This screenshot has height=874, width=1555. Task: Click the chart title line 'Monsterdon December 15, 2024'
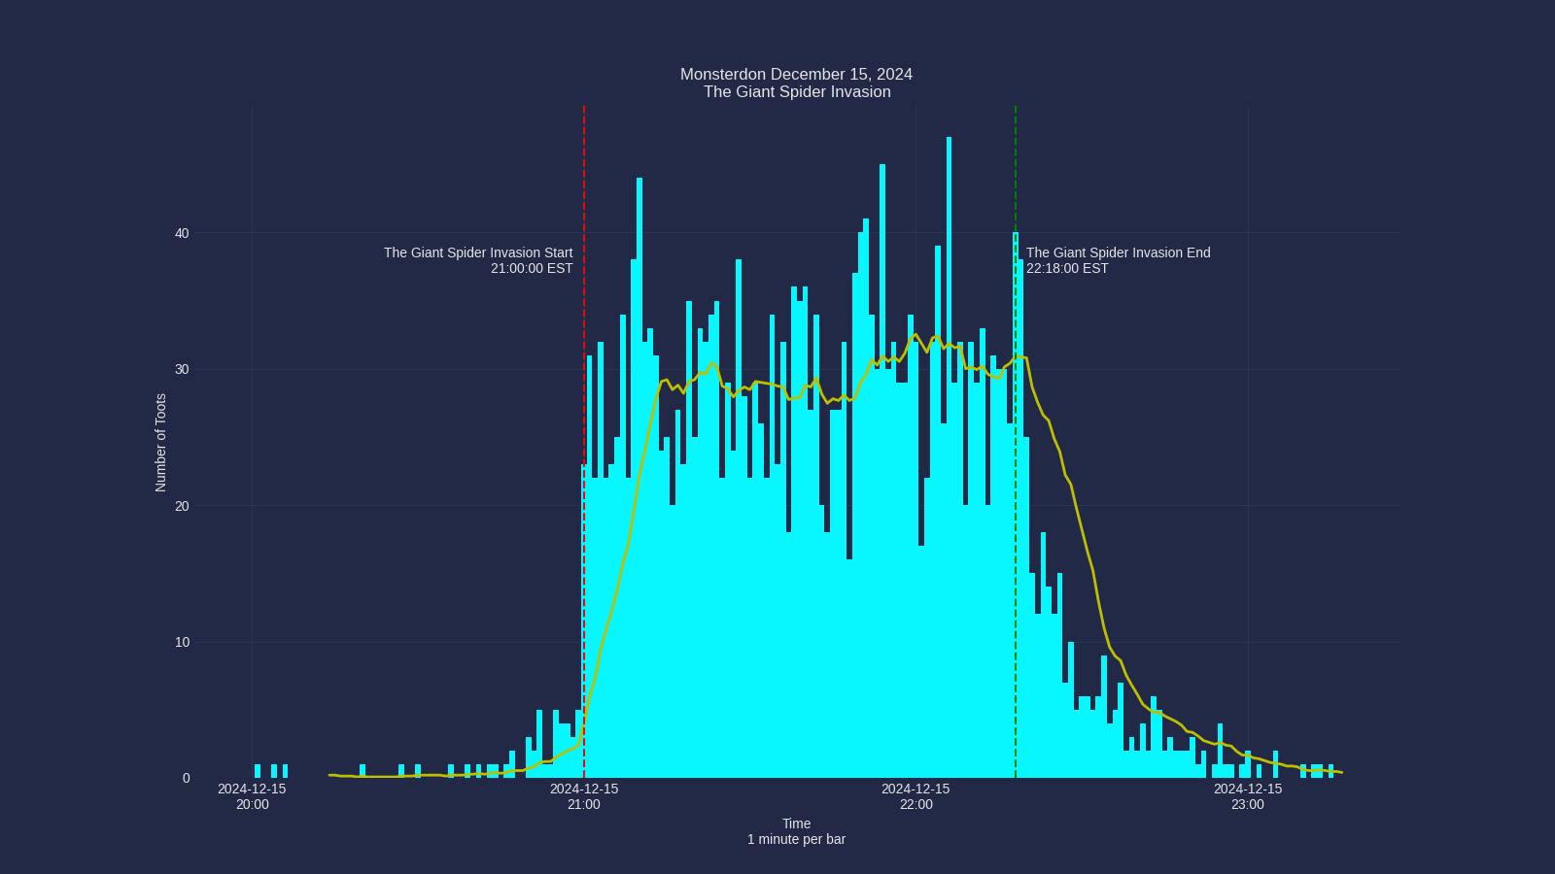pyautogui.click(x=796, y=75)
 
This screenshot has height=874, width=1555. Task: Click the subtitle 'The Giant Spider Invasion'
pyautogui.click(x=797, y=92)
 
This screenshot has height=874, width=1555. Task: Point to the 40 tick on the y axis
pyautogui.click(x=182, y=233)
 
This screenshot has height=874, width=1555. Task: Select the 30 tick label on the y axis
pyautogui.click(x=182, y=370)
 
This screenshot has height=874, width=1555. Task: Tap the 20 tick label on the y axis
pyautogui.click(x=182, y=506)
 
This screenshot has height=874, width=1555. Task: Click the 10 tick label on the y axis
pyautogui.click(x=182, y=642)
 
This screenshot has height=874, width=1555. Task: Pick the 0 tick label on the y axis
pyautogui.click(x=186, y=778)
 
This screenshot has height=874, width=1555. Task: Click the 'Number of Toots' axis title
pyautogui.click(x=161, y=443)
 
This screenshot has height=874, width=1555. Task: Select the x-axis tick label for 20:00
pyautogui.click(x=252, y=796)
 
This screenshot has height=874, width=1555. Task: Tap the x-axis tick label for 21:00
pyautogui.click(x=584, y=796)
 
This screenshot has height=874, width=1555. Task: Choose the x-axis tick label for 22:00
pyautogui.click(x=916, y=796)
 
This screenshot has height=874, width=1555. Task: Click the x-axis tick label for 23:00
pyautogui.click(x=1248, y=796)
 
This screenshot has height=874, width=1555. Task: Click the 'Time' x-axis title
pyautogui.click(x=796, y=824)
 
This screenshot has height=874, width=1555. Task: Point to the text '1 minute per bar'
pyautogui.click(x=796, y=839)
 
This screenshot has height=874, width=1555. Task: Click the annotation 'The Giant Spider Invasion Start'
pyautogui.click(x=478, y=252)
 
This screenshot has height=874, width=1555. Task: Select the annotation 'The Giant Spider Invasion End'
pyautogui.click(x=1118, y=252)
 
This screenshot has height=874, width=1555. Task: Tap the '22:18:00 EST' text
pyautogui.click(x=1067, y=268)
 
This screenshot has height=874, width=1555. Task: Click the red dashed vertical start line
pyautogui.click(x=584, y=175)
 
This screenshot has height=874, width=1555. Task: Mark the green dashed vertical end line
pyautogui.click(x=1016, y=175)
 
